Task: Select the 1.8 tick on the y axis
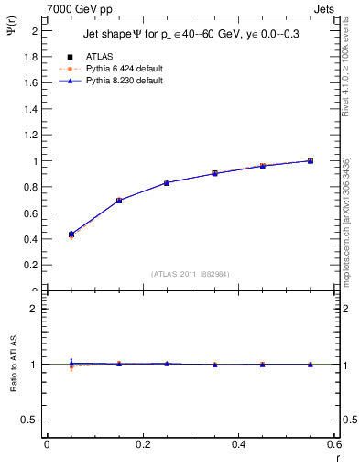30,57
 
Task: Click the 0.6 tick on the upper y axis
30,213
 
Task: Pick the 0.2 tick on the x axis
143,444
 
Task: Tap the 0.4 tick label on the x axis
238,444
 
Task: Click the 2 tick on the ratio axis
33,309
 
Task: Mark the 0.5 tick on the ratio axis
30,420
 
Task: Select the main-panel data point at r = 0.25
167,183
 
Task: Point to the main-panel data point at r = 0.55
311,160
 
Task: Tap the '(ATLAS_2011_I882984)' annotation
191,273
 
